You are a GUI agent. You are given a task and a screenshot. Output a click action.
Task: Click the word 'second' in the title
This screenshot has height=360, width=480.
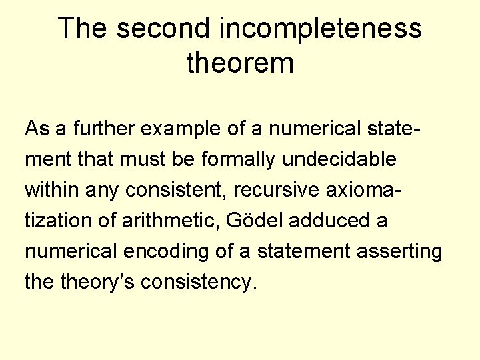163,29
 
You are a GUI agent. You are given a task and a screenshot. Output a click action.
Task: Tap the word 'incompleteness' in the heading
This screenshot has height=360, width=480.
321,29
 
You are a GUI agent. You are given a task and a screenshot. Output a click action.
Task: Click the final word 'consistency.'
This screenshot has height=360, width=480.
207,282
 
